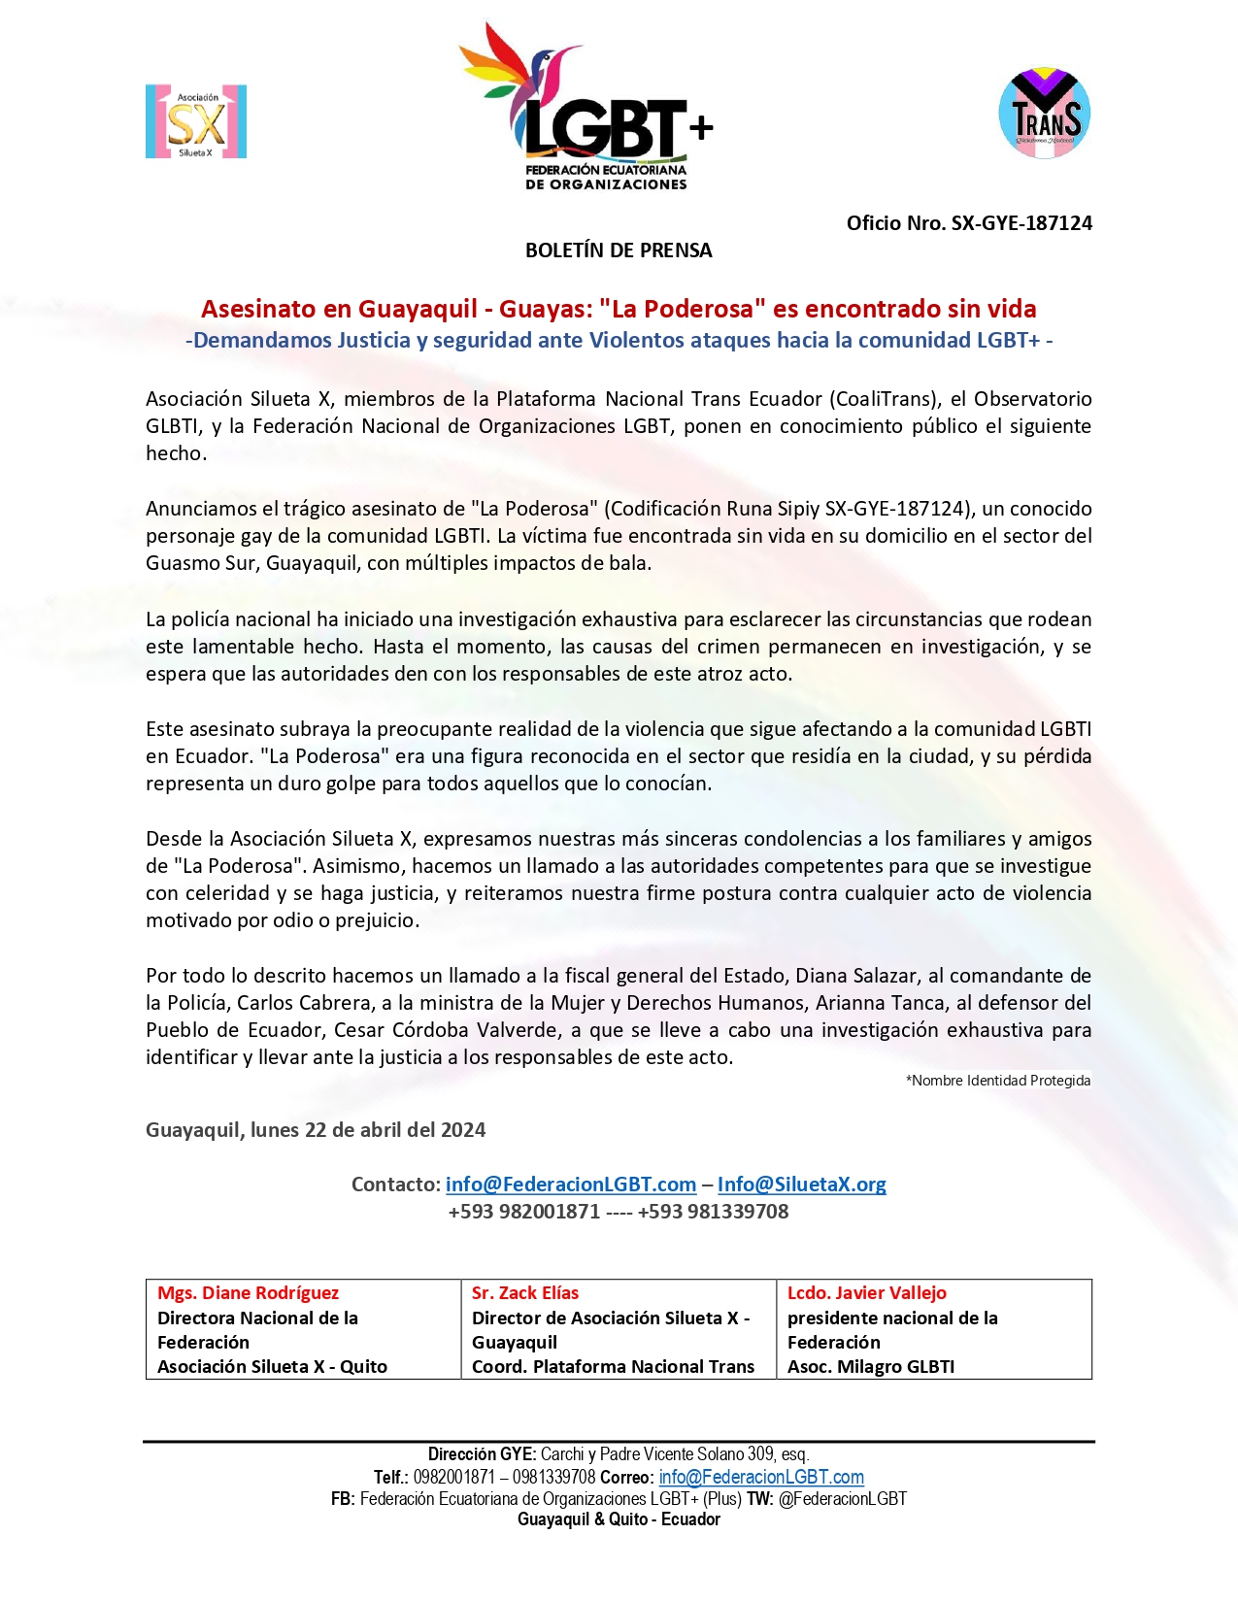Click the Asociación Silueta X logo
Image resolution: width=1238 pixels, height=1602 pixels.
(x=196, y=122)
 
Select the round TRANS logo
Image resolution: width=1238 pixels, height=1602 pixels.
(x=1044, y=113)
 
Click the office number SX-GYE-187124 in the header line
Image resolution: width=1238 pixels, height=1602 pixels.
(x=1021, y=223)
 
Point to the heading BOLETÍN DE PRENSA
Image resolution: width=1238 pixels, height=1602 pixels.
(x=619, y=250)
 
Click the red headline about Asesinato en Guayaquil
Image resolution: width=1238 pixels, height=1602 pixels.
(x=619, y=309)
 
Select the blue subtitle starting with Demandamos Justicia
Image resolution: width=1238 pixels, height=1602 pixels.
(x=619, y=340)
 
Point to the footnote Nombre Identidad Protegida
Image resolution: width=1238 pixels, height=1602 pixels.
(x=998, y=1081)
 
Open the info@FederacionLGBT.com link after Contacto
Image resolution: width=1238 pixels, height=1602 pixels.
(x=571, y=1185)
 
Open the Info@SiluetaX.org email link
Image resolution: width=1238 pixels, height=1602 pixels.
(x=801, y=1185)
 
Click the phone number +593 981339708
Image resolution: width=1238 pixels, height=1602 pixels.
(x=713, y=1212)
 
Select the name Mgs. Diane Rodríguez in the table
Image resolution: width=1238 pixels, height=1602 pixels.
(x=249, y=1293)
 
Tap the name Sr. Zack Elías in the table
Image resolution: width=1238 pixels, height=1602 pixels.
(x=525, y=1293)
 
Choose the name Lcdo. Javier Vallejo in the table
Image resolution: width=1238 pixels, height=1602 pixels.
(x=866, y=1293)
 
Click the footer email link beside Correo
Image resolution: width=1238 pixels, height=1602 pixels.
(x=761, y=1477)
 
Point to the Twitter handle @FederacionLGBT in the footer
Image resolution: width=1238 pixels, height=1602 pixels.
(x=842, y=1498)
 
